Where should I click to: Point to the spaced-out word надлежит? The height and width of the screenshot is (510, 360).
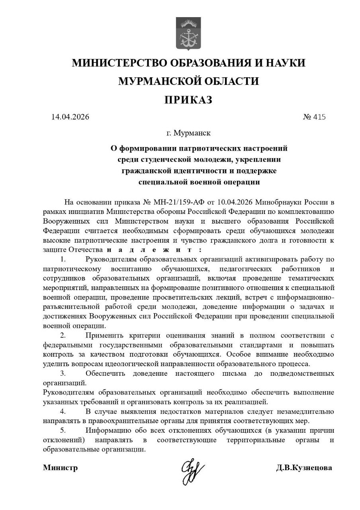[x=154, y=250]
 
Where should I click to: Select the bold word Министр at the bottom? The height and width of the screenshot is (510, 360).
[x=60, y=468]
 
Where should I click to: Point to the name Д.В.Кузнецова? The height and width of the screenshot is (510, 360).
[x=304, y=468]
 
